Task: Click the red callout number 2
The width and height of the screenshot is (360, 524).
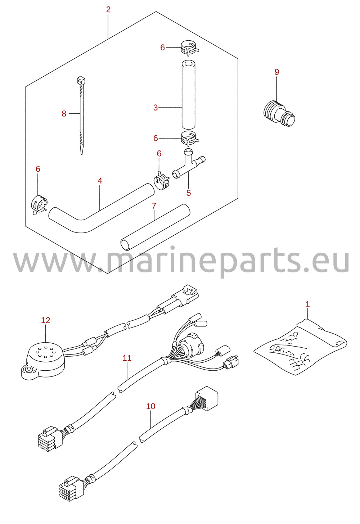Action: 108,10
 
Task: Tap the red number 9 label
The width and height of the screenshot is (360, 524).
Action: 277,72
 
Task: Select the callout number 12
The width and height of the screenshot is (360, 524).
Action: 46,320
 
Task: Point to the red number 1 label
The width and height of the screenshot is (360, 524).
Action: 307,304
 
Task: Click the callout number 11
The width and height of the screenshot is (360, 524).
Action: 127,358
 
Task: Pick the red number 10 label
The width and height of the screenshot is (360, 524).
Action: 151,406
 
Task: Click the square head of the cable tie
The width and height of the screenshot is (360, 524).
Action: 81,81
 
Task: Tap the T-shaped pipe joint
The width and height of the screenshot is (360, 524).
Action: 189,163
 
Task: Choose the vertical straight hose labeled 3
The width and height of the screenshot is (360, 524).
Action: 188,95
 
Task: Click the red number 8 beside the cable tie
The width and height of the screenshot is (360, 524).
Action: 64,114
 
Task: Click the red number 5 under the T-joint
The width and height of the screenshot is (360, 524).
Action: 189,193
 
